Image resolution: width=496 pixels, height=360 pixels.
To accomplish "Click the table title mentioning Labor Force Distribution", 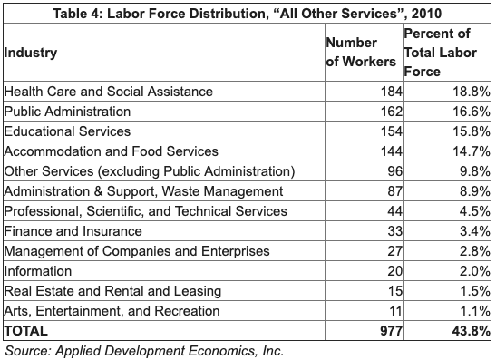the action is tap(247, 12).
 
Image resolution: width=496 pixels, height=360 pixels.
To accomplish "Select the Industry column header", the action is tap(31, 52).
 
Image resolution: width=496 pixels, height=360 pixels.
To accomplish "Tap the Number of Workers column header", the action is tap(361, 52).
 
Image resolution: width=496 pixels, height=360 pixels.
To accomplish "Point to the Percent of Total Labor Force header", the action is tap(444, 52).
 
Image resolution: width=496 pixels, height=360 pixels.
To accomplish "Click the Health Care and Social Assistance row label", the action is tap(109, 92).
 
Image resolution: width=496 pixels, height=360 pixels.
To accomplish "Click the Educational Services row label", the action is tap(69, 131).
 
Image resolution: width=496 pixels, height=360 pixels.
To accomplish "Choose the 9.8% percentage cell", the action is tap(474, 171).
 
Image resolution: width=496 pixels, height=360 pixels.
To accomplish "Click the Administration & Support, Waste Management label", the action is tap(143, 191).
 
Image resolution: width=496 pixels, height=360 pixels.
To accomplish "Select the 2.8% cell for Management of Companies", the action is tap(474, 251).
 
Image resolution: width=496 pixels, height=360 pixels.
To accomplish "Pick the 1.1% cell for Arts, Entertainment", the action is tap(474, 311).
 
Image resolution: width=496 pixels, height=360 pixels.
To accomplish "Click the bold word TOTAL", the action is tap(26, 331).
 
